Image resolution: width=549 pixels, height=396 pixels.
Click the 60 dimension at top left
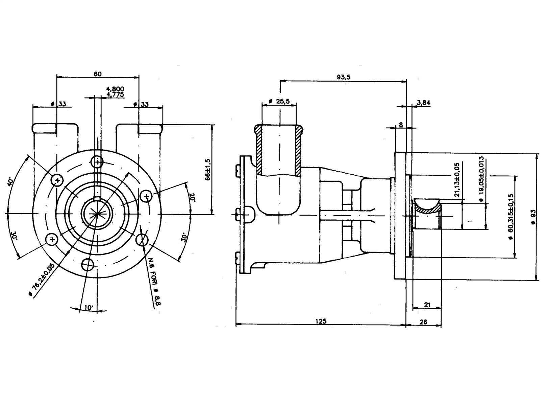[98, 74]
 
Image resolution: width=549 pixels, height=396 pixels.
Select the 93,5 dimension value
[344, 77]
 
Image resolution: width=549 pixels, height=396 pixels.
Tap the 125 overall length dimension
[321, 321]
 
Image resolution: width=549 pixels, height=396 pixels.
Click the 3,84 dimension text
[424, 103]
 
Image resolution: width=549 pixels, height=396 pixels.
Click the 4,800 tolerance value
[115, 89]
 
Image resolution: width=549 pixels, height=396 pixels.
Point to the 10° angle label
[89, 307]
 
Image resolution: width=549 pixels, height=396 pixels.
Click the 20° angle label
[192, 198]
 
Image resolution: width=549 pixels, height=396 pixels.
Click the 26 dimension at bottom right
[423, 322]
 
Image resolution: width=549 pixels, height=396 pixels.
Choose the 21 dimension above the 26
[427, 305]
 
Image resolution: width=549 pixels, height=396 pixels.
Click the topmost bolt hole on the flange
[98, 162]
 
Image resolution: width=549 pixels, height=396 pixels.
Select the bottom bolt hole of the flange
[88, 264]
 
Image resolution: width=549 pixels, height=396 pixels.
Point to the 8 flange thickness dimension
[401, 125]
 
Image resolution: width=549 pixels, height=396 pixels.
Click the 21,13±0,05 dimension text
[457, 179]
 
